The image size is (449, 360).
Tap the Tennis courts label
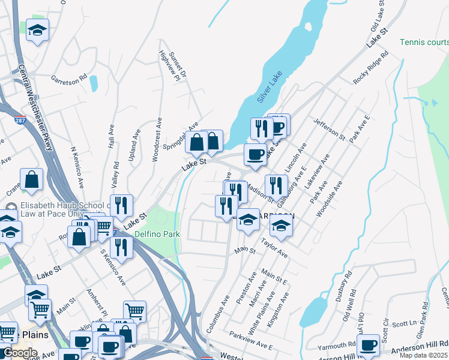(424, 42)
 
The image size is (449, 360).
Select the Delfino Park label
(157, 233)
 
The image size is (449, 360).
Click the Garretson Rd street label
(69, 78)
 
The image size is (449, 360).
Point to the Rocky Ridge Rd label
(371, 67)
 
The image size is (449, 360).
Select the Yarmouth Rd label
(337, 346)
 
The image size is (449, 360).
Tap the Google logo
(19, 353)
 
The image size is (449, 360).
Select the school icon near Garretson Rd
(37, 31)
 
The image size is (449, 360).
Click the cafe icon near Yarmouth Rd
(367, 345)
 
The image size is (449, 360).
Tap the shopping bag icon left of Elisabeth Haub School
(32, 179)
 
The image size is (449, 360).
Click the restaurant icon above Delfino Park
(121, 205)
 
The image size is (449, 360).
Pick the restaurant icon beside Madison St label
(276, 185)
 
